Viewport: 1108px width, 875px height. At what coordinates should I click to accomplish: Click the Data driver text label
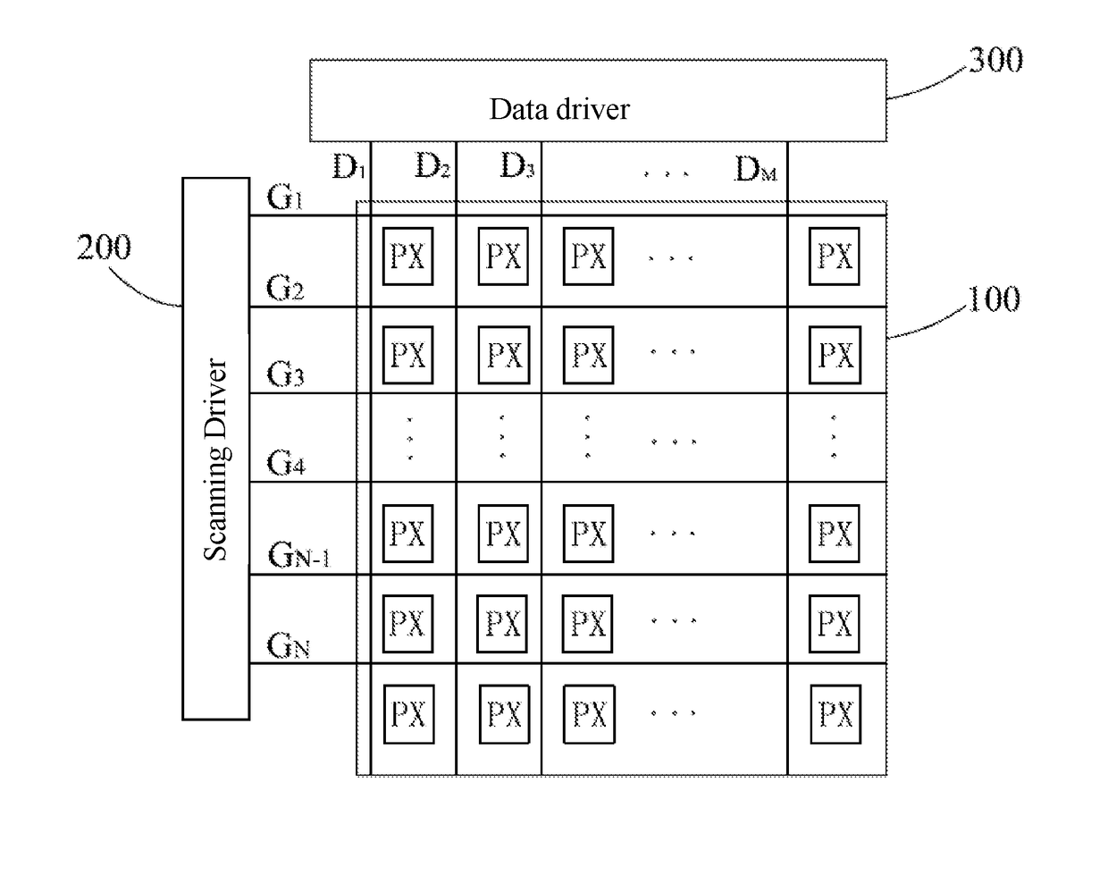tap(559, 109)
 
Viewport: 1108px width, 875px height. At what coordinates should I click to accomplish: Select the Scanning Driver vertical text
tap(216, 459)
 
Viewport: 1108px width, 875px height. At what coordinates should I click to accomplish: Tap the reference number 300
tap(995, 61)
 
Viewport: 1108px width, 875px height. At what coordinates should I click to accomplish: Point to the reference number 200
tap(104, 248)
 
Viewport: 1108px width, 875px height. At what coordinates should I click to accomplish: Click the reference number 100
tap(994, 299)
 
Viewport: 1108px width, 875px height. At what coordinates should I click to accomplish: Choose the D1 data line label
tap(349, 167)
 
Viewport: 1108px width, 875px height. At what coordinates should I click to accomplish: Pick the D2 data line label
tap(432, 166)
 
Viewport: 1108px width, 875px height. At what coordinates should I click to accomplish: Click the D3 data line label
tap(517, 166)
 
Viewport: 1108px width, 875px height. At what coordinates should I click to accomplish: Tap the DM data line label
tap(756, 169)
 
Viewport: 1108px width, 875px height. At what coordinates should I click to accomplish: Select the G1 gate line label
tap(284, 197)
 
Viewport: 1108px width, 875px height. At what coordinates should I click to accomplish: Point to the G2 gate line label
tap(285, 288)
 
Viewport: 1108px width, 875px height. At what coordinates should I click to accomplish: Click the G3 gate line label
tap(285, 374)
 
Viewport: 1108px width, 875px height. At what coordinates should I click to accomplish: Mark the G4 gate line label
tap(286, 462)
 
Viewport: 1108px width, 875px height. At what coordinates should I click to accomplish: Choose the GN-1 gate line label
tap(299, 555)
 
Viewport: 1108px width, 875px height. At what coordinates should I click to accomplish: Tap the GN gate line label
tap(289, 646)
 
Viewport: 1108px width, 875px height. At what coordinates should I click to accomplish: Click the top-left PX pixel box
tap(407, 256)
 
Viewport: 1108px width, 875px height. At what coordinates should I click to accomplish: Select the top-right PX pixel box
tap(834, 256)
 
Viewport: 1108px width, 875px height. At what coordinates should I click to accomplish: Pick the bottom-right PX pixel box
tap(835, 714)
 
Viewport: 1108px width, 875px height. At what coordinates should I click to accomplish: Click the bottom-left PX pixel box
tap(409, 714)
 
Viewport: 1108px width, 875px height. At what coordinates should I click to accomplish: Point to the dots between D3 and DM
tap(667, 174)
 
